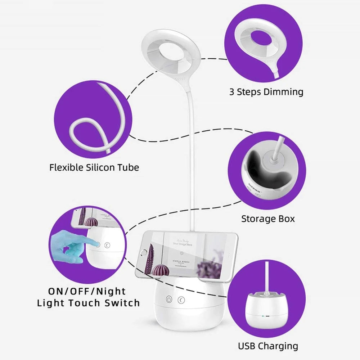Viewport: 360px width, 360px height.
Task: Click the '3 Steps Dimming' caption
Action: [266, 92]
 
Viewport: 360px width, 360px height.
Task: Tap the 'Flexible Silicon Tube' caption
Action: [94, 167]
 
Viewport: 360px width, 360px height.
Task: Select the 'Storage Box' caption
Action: [268, 219]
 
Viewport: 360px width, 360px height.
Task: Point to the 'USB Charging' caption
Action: [268, 346]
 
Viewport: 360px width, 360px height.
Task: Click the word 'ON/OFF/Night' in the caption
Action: [87, 291]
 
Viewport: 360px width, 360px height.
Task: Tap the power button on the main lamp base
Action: [168, 299]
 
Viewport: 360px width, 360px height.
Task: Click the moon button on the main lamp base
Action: [181, 299]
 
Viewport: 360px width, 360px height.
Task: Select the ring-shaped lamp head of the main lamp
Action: [167, 54]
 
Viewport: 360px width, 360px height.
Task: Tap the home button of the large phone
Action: [145, 252]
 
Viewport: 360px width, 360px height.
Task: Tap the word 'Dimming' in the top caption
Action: [283, 92]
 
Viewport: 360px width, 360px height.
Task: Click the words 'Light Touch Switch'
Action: [88, 303]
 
